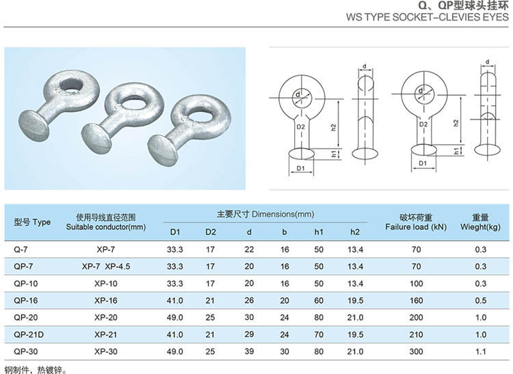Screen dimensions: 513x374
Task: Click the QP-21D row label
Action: [x=29, y=334]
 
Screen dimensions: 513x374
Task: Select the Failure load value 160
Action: [x=416, y=300]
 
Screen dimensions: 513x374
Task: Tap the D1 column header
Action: [x=175, y=232]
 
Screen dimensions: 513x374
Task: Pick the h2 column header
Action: [x=355, y=232]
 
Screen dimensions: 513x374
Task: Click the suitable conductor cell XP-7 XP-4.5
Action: [x=105, y=267]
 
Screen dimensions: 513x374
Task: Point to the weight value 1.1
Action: [x=481, y=351]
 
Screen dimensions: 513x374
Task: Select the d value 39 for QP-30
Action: [x=249, y=351]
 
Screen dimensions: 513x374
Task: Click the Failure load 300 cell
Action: [x=416, y=351]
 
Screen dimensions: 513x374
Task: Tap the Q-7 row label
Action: [x=21, y=250]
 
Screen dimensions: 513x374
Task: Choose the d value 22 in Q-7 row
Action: [x=249, y=249]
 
